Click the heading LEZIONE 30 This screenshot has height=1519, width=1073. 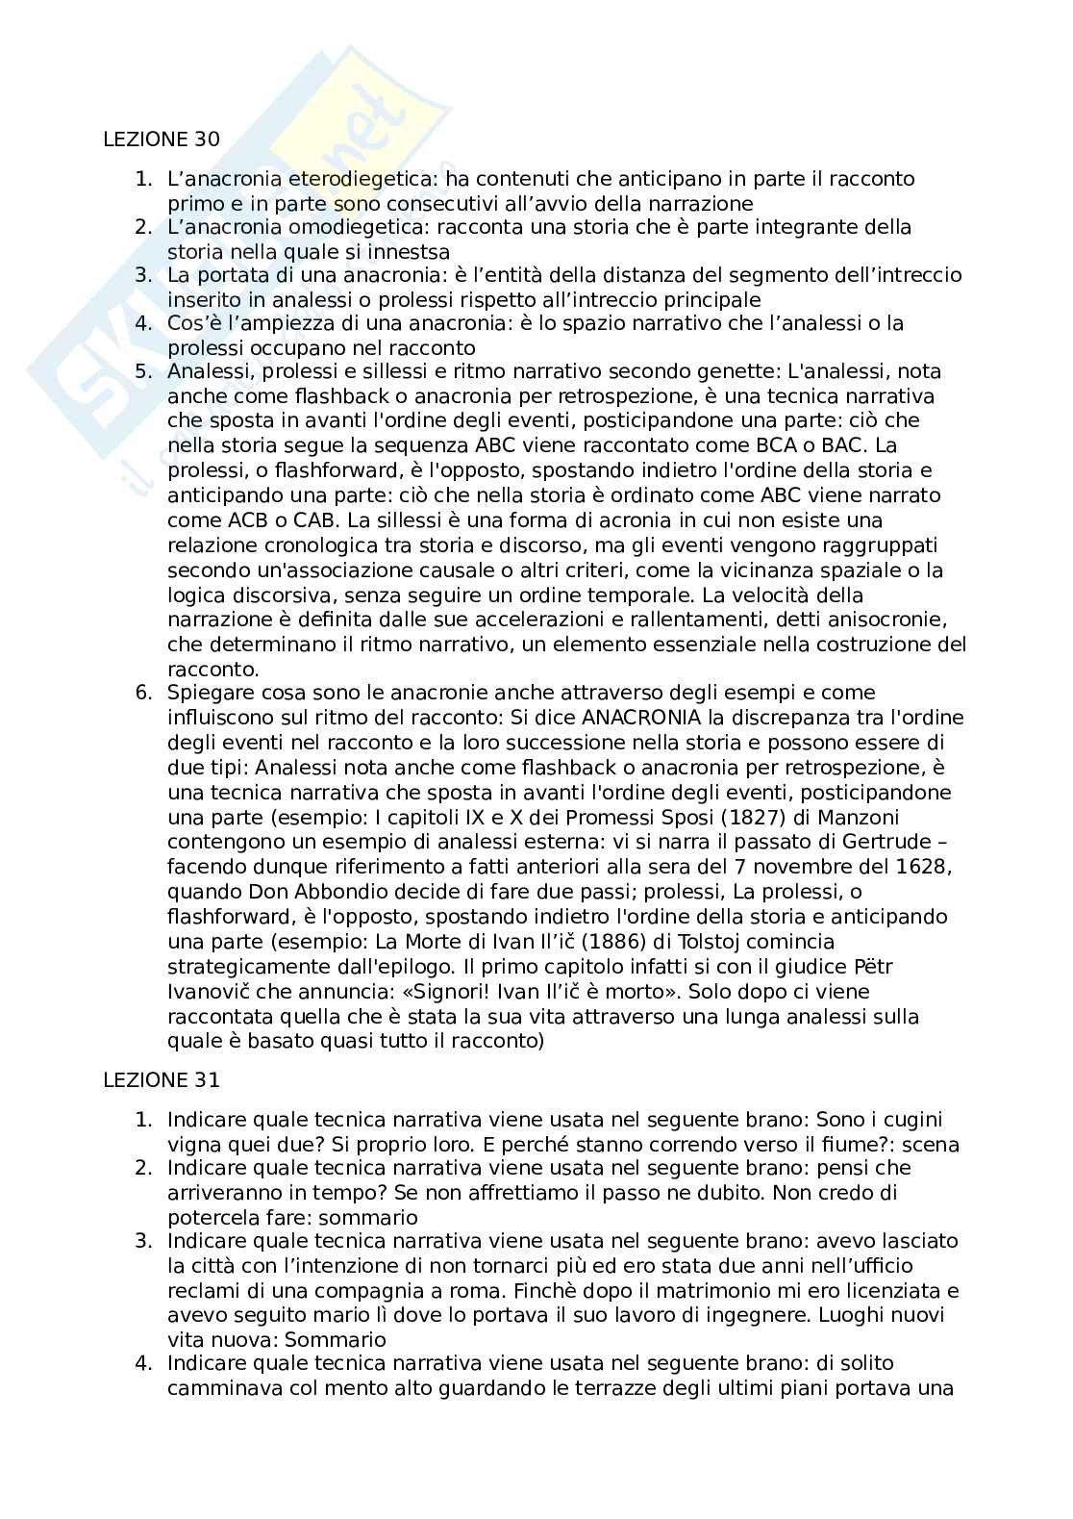(x=161, y=139)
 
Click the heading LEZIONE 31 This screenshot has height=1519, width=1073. (x=161, y=1080)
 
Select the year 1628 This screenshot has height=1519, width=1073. (x=924, y=867)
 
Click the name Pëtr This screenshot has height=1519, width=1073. (x=877, y=967)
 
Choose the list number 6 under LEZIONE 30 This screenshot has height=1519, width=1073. (x=143, y=693)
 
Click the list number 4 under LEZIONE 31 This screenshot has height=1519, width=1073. (x=143, y=1363)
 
